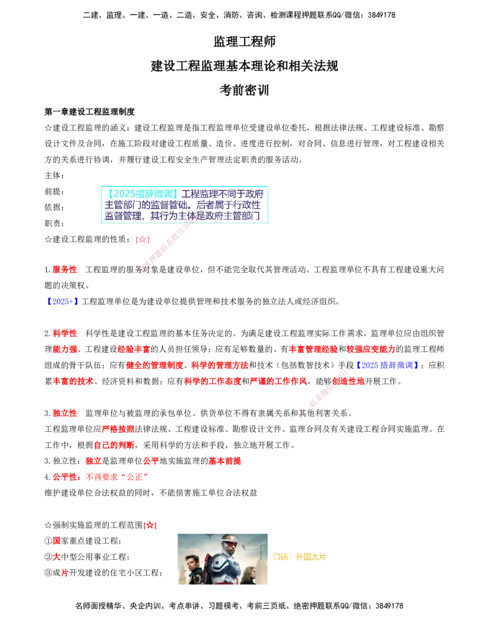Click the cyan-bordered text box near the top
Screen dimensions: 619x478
point(186,204)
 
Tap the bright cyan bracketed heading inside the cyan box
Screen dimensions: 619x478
point(142,194)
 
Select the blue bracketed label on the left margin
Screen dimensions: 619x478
point(63,301)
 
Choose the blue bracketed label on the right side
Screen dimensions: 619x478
point(387,365)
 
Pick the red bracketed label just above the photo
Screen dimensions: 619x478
point(149,526)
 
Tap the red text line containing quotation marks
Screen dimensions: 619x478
point(100,477)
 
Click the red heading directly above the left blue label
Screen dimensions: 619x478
point(65,270)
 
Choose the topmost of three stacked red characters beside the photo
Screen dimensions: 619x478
point(57,540)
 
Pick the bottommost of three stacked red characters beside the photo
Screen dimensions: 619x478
point(65,574)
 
